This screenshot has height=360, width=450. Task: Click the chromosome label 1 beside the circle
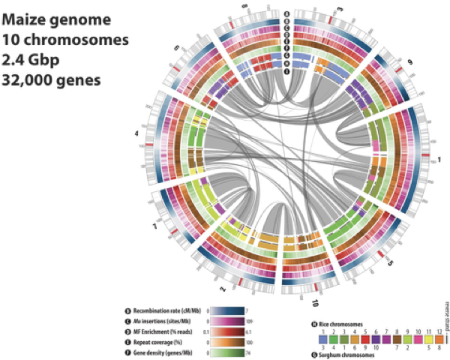tap(439, 160)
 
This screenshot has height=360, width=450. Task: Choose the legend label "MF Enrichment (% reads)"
tap(167, 330)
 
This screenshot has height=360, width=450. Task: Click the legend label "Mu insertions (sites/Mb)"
tap(166, 320)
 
